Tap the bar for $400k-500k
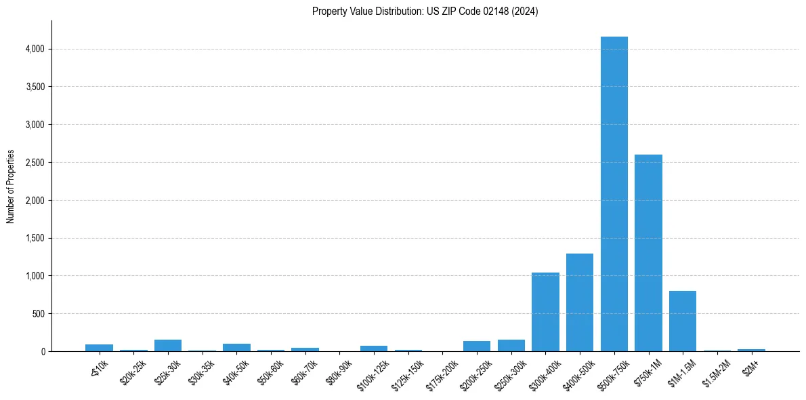(x=580, y=302)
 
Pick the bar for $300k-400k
(x=545, y=312)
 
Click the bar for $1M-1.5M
(x=683, y=321)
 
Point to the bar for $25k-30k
(x=168, y=345)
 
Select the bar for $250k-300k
(x=511, y=345)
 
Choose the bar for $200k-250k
(x=477, y=346)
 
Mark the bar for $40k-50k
(x=236, y=347)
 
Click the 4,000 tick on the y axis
(x=35, y=49)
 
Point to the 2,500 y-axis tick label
(x=35, y=163)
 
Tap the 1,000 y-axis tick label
(x=35, y=276)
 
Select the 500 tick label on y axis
(x=39, y=314)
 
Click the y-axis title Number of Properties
(x=11, y=186)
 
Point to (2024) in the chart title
(x=526, y=12)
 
